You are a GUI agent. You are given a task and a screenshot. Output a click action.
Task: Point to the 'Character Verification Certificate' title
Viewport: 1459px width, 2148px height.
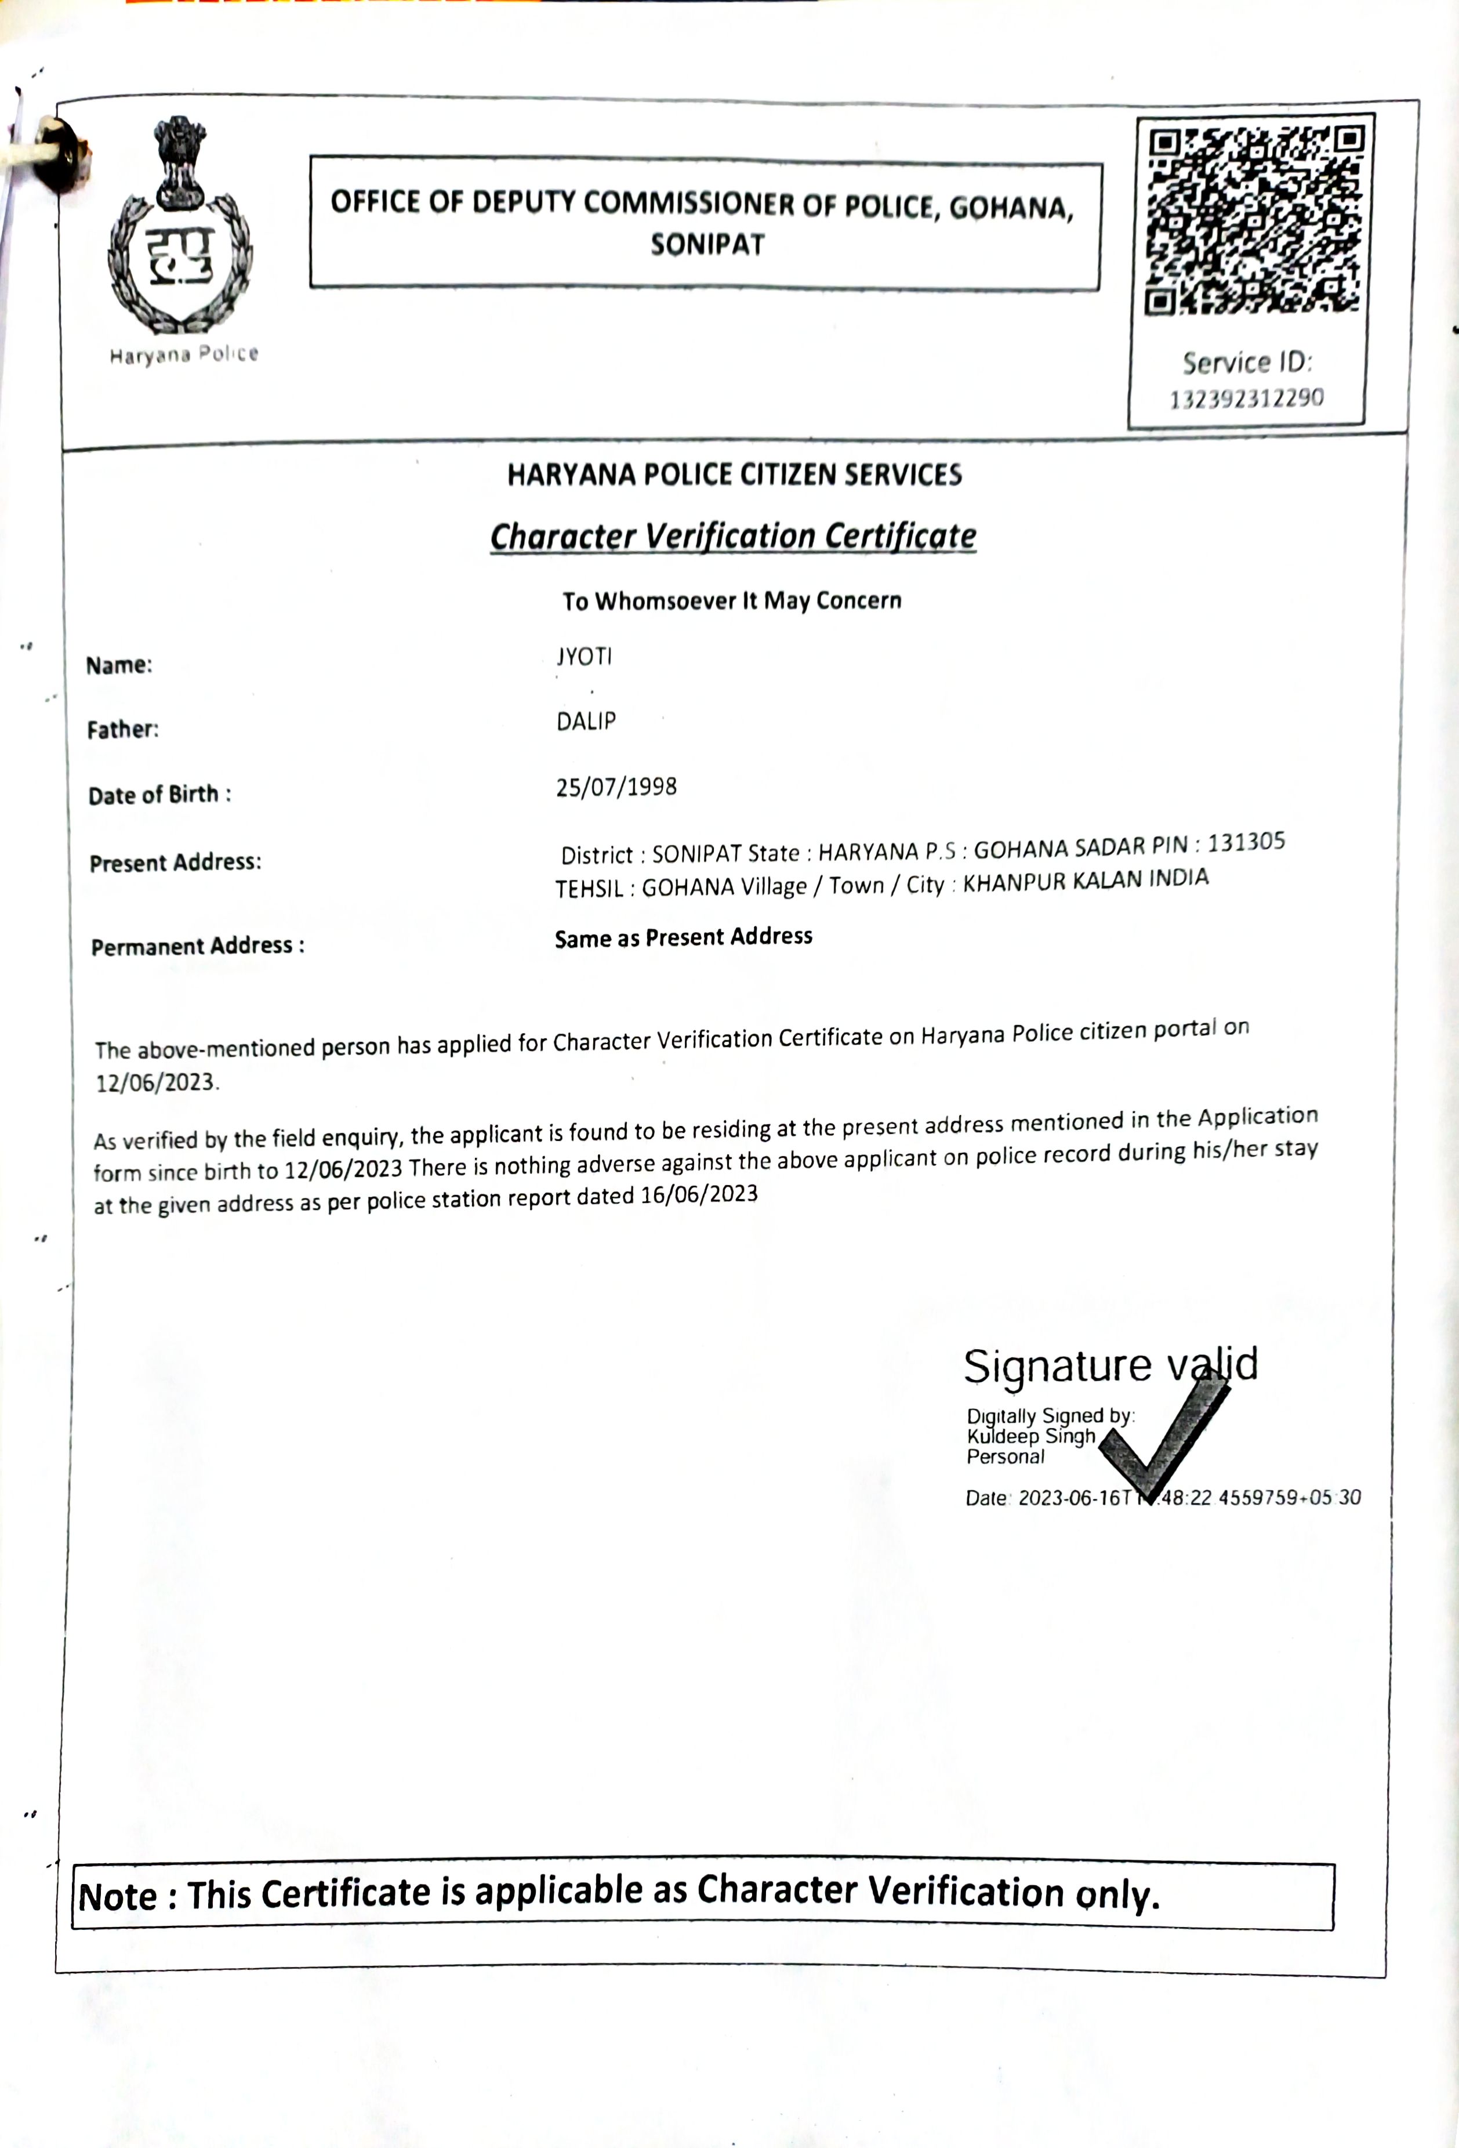[733, 536]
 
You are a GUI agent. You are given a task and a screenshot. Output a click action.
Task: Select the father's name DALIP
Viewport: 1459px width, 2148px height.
[586, 721]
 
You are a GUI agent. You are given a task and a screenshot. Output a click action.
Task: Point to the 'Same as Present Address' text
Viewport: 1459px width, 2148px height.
[683, 937]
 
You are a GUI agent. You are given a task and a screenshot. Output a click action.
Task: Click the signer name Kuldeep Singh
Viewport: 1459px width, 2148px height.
[1030, 1436]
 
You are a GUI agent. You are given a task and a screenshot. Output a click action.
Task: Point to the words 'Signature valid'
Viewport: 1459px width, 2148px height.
[1110, 1365]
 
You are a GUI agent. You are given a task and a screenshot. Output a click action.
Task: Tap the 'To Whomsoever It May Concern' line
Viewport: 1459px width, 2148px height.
[732, 601]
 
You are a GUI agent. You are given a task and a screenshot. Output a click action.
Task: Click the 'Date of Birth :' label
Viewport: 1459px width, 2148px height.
[159, 795]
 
